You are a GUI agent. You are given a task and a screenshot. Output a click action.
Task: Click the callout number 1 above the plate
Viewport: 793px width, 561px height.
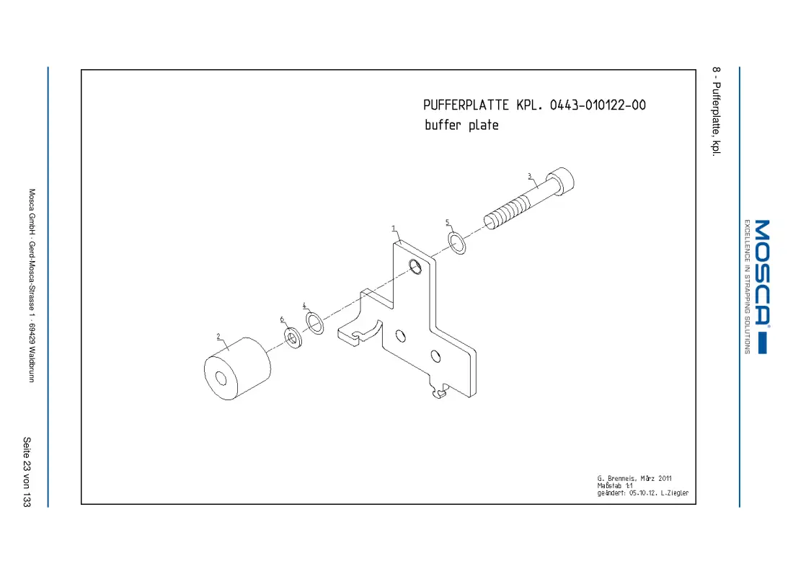tap(394, 229)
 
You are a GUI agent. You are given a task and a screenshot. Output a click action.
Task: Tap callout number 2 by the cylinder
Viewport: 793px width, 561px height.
tap(218, 337)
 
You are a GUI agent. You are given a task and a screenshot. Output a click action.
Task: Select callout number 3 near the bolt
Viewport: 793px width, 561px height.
tap(530, 177)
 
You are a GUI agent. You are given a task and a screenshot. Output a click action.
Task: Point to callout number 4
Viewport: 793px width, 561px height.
tap(304, 306)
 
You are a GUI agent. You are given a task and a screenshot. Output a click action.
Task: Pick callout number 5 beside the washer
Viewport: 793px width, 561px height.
tap(448, 223)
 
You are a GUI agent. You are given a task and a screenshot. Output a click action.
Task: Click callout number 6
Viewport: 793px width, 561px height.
tap(282, 319)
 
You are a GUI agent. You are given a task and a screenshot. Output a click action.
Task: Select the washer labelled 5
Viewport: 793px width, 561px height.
tap(456, 243)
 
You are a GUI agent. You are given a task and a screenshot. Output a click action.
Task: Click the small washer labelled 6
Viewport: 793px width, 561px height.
tap(293, 337)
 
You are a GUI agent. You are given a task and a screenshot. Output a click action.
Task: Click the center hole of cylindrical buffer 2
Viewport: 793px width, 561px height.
tap(221, 379)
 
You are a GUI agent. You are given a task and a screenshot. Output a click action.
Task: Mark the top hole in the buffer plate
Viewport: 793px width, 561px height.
tap(415, 266)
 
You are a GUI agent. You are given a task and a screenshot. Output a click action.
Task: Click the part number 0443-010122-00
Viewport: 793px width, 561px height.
tap(598, 105)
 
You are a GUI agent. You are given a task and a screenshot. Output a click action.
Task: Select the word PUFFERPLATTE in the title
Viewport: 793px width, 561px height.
tap(466, 105)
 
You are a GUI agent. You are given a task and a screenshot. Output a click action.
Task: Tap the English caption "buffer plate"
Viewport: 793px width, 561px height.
tap(461, 125)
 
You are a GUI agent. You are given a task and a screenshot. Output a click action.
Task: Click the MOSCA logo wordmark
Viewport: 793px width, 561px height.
tap(762, 272)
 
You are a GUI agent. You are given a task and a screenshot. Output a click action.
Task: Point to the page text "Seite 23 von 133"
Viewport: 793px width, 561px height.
tap(27, 472)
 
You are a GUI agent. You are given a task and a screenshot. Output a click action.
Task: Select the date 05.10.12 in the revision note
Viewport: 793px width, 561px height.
tap(643, 492)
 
